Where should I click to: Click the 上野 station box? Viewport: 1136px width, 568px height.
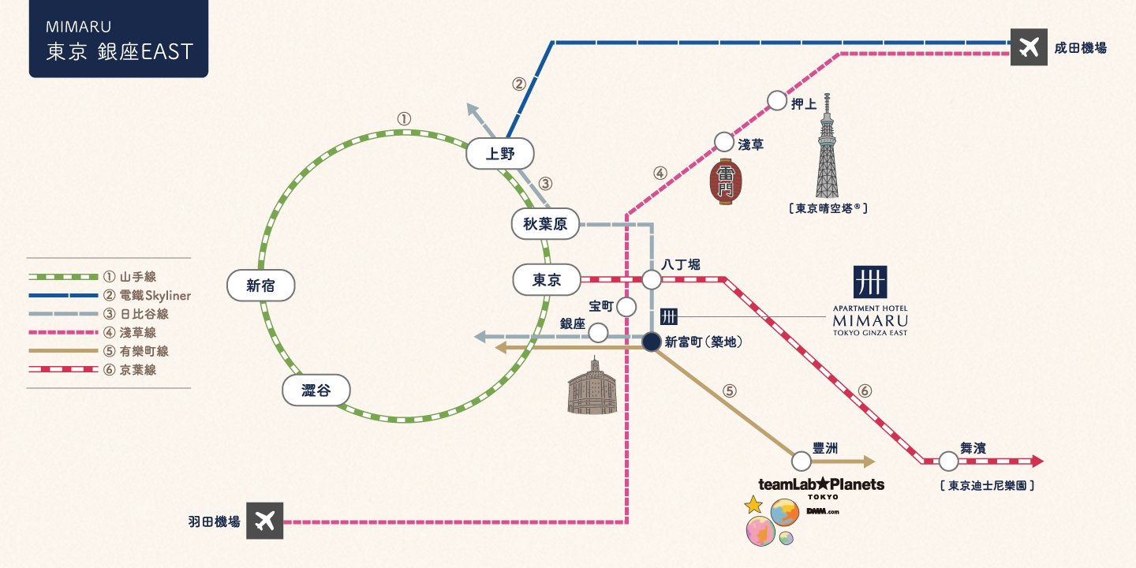(x=500, y=153)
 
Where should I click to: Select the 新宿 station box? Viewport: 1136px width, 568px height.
(x=260, y=286)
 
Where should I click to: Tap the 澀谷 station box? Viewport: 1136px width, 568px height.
(x=316, y=390)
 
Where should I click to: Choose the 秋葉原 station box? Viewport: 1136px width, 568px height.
(x=545, y=224)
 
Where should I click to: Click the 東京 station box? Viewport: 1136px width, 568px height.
(x=546, y=279)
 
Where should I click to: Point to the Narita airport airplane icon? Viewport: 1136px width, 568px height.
(x=1029, y=47)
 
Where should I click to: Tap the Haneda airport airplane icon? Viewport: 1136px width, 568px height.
(x=264, y=521)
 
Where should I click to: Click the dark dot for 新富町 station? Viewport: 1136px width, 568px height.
(x=652, y=342)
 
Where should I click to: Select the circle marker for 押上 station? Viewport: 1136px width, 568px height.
(x=777, y=100)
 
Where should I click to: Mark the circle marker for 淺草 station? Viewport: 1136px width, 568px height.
(x=724, y=142)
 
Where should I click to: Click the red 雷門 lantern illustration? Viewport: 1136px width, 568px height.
(x=725, y=183)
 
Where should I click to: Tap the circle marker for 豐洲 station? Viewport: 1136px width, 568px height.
(x=802, y=461)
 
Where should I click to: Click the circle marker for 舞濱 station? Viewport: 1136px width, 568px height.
(x=949, y=461)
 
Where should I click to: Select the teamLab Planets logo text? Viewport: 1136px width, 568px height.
(x=820, y=484)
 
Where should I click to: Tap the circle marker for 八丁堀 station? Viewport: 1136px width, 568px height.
(x=652, y=279)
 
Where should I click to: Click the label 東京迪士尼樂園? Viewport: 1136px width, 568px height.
(x=987, y=486)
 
